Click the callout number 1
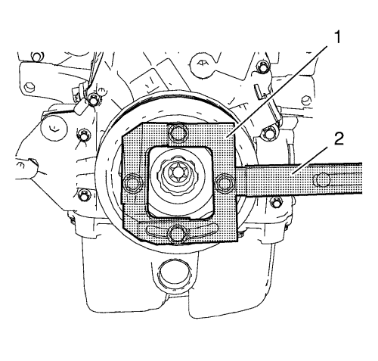point(337,37)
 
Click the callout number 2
point(339,138)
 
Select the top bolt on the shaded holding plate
point(178,132)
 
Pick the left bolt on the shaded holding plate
point(131,182)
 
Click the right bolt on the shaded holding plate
point(224,183)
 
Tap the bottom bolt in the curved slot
point(178,234)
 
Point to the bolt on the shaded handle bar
point(321,180)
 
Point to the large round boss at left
point(54,128)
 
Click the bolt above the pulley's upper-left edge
point(93,100)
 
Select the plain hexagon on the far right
point(306,101)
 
